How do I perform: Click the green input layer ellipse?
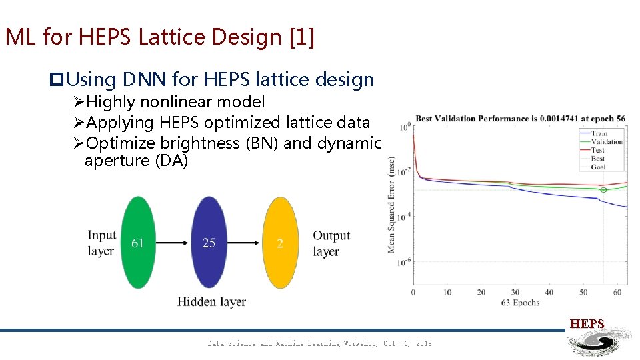(x=138, y=243)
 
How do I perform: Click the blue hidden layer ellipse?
(x=209, y=243)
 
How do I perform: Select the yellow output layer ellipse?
(x=280, y=243)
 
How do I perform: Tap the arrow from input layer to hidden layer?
(x=173, y=243)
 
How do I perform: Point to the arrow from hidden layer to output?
(x=245, y=243)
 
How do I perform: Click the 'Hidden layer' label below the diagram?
(x=211, y=302)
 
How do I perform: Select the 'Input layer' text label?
(x=101, y=243)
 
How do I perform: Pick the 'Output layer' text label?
(x=331, y=243)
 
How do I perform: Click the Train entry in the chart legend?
(x=598, y=133)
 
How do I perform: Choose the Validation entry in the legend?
(x=605, y=142)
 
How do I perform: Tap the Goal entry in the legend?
(x=598, y=167)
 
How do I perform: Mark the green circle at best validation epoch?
(x=603, y=190)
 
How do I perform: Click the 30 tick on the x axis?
(x=515, y=292)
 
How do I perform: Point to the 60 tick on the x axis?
(x=617, y=292)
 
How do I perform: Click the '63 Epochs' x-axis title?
(x=520, y=303)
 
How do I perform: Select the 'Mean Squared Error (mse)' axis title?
(x=391, y=205)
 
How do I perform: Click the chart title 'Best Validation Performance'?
(x=520, y=119)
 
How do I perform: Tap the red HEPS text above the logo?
(x=587, y=324)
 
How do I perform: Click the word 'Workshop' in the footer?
(x=361, y=343)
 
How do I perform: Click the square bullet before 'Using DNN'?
(x=56, y=80)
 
